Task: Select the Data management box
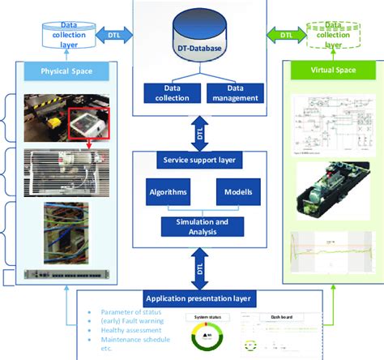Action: pyautogui.click(x=235, y=93)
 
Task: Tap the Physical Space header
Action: pyautogui.click(x=66, y=71)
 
